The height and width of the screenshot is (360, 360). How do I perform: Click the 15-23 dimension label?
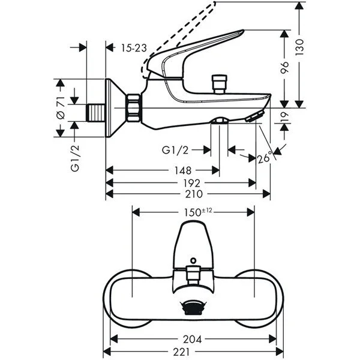click(133, 47)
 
